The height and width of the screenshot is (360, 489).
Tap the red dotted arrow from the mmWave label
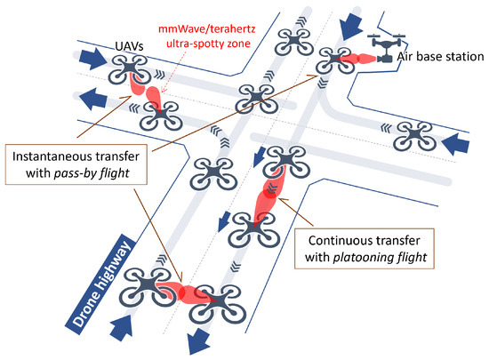[176, 70]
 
